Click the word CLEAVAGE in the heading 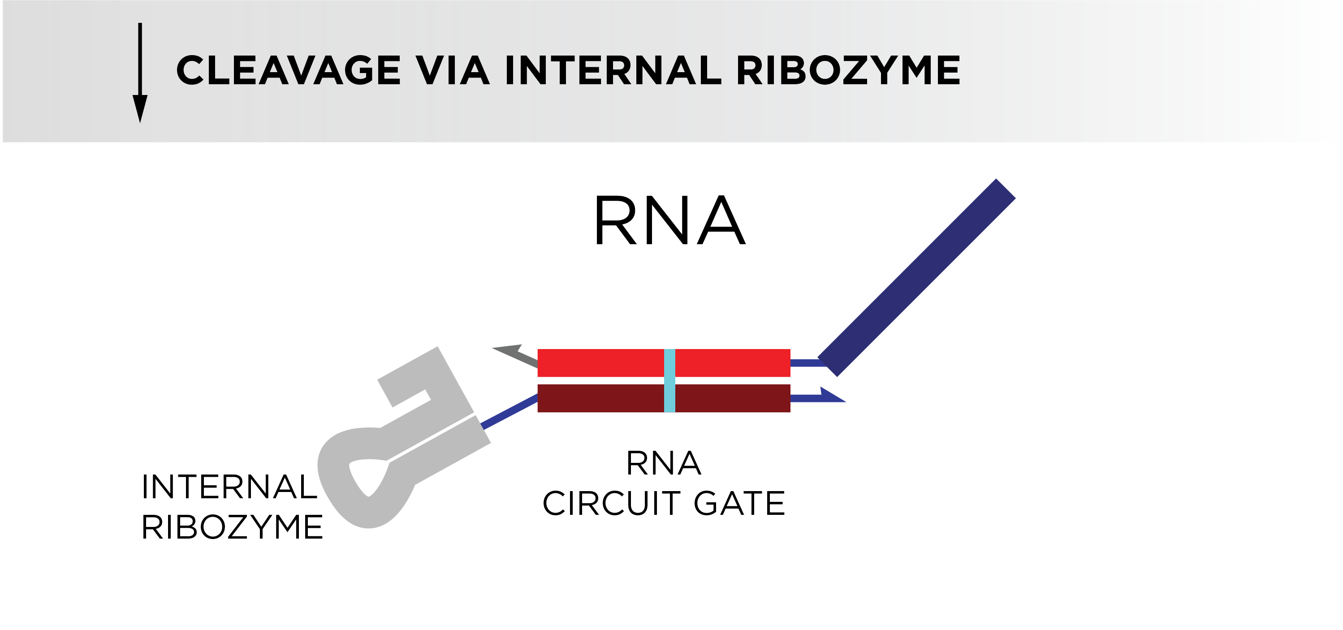[288, 70]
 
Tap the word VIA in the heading [453, 70]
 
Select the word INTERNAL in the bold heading [613, 70]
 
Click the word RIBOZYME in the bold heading [848, 70]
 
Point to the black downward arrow [140, 73]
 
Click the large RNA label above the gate [670, 220]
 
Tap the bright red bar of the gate [664, 363]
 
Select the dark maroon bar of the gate [664, 398]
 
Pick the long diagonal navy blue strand [916, 277]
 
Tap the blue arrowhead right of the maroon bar [833, 395]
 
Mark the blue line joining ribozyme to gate [510, 412]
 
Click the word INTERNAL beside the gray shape [229, 487]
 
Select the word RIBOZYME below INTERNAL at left [232, 527]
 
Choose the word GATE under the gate [739, 503]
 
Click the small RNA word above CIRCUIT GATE [664, 463]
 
